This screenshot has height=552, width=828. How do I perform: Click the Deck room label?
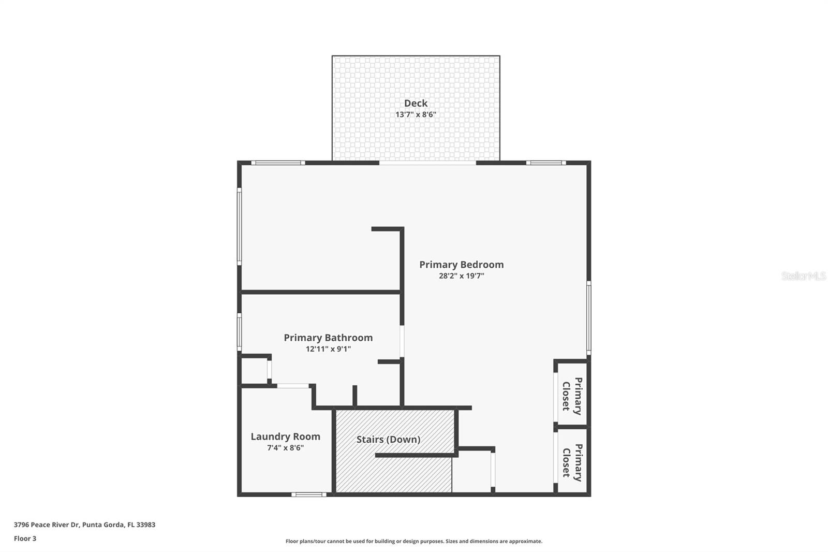(416, 103)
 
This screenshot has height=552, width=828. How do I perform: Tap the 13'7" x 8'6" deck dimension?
(416, 114)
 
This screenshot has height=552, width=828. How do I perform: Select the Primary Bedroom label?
(461, 265)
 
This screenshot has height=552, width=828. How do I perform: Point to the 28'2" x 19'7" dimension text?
(461, 276)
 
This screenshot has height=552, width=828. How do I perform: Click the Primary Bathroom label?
(328, 338)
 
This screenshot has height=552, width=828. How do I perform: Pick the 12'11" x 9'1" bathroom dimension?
(328, 349)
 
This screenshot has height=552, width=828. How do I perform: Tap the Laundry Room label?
(285, 437)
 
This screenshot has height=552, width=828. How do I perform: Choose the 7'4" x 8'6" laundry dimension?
(285, 448)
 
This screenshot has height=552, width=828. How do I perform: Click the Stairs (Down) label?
(388, 440)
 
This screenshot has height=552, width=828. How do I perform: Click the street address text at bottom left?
(84, 525)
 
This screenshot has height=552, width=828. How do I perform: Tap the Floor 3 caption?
(25, 539)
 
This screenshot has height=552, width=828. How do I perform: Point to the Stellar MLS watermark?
(803, 276)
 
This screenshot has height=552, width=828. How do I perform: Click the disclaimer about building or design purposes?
(414, 541)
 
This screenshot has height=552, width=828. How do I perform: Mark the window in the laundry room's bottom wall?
(308, 495)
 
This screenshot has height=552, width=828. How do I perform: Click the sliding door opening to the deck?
(427, 163)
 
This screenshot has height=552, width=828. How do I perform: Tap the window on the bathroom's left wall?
(240, 331)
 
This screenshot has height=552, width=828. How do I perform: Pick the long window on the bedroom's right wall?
(588, 317)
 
